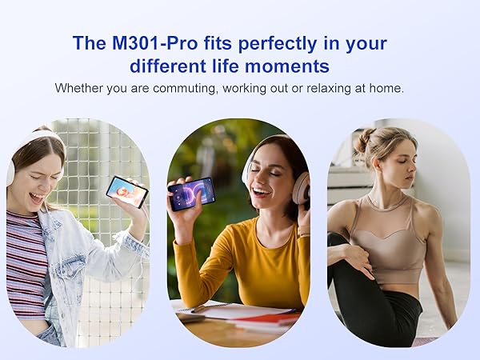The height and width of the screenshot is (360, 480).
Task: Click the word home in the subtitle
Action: [386, 88]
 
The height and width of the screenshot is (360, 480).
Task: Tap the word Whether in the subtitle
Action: [78, 88]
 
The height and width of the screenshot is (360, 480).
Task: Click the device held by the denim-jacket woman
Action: [126, 190]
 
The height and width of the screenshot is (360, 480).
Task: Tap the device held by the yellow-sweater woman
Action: [191, 194]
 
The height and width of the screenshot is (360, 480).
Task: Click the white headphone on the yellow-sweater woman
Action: [301, 188]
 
